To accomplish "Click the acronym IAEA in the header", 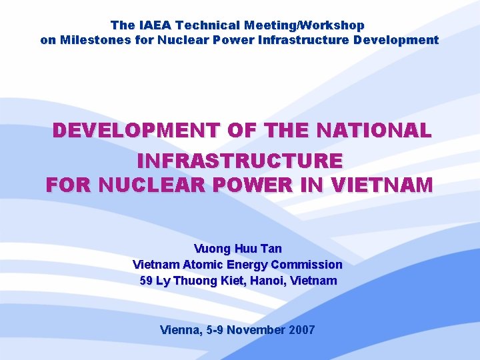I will tap(153, 25).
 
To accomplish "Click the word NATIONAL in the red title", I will tap(375, 130).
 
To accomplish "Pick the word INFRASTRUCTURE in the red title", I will tap(240, 161).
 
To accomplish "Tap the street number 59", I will tap(147, 281).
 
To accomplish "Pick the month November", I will tap(257, 330).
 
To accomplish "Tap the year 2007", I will tap(302, 330).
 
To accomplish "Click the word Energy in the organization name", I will tap(247, 265).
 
